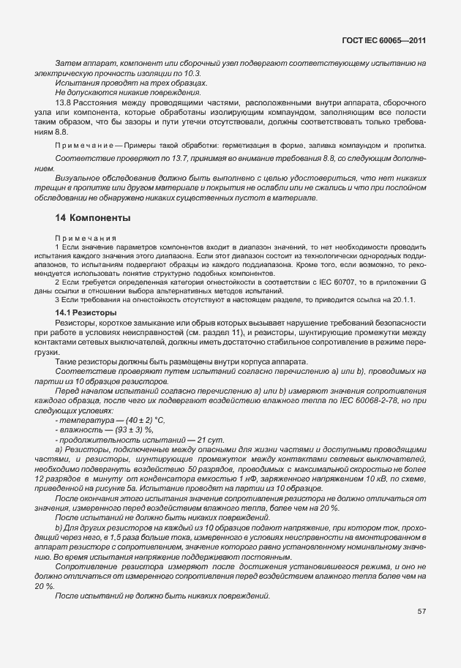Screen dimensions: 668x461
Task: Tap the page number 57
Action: pyautogui.click(x=421, y=611)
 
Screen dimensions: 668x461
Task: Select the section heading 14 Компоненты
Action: pyautogui.click(x=93, y=218)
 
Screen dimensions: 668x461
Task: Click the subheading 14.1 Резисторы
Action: pyautogui.click(x=82, y=313)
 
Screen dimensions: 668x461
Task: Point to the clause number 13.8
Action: pyautogui.click(x=63, y=104)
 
